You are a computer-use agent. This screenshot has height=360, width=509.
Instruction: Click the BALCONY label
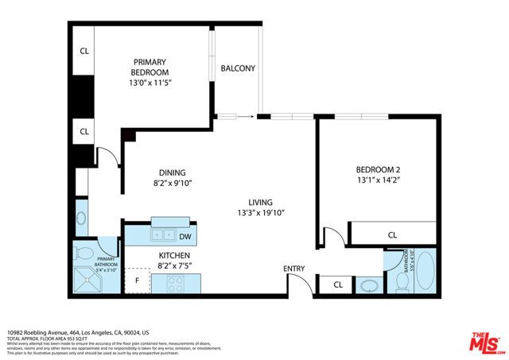tap(238, 68)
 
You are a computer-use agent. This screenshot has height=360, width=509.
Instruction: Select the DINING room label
tap(172, 172)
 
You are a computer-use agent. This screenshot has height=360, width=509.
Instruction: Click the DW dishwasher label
tap(185, 236)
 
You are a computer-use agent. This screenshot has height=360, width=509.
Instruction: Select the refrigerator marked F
tap(137, 281)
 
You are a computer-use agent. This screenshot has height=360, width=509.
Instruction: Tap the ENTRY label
tap(293, 269)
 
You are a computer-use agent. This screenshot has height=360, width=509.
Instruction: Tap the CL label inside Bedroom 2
tap(392, 235)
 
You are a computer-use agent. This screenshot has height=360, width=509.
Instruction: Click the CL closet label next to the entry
tap(337, 285)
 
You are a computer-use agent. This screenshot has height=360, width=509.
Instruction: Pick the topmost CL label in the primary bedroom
tap(84, 51)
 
